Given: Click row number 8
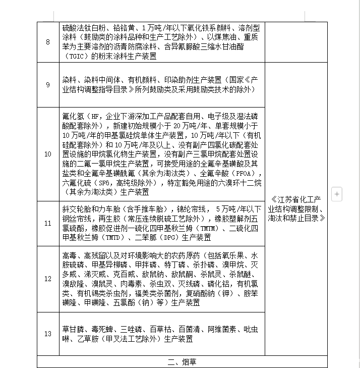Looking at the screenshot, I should click(x=48, y=42).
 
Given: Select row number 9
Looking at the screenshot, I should click(x=48, y=85).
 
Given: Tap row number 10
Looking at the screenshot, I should click(x=48, y=154).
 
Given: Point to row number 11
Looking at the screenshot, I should click(x=48, y=223).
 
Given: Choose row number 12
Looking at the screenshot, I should click(x=48, y=279).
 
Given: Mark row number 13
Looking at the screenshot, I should click(x=48, y=334).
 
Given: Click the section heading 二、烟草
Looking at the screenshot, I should click(x=182, y=361).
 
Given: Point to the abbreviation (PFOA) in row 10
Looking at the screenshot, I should click(x=241, y=174).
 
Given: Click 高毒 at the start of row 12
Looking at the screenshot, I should click(x=69, y=255).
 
